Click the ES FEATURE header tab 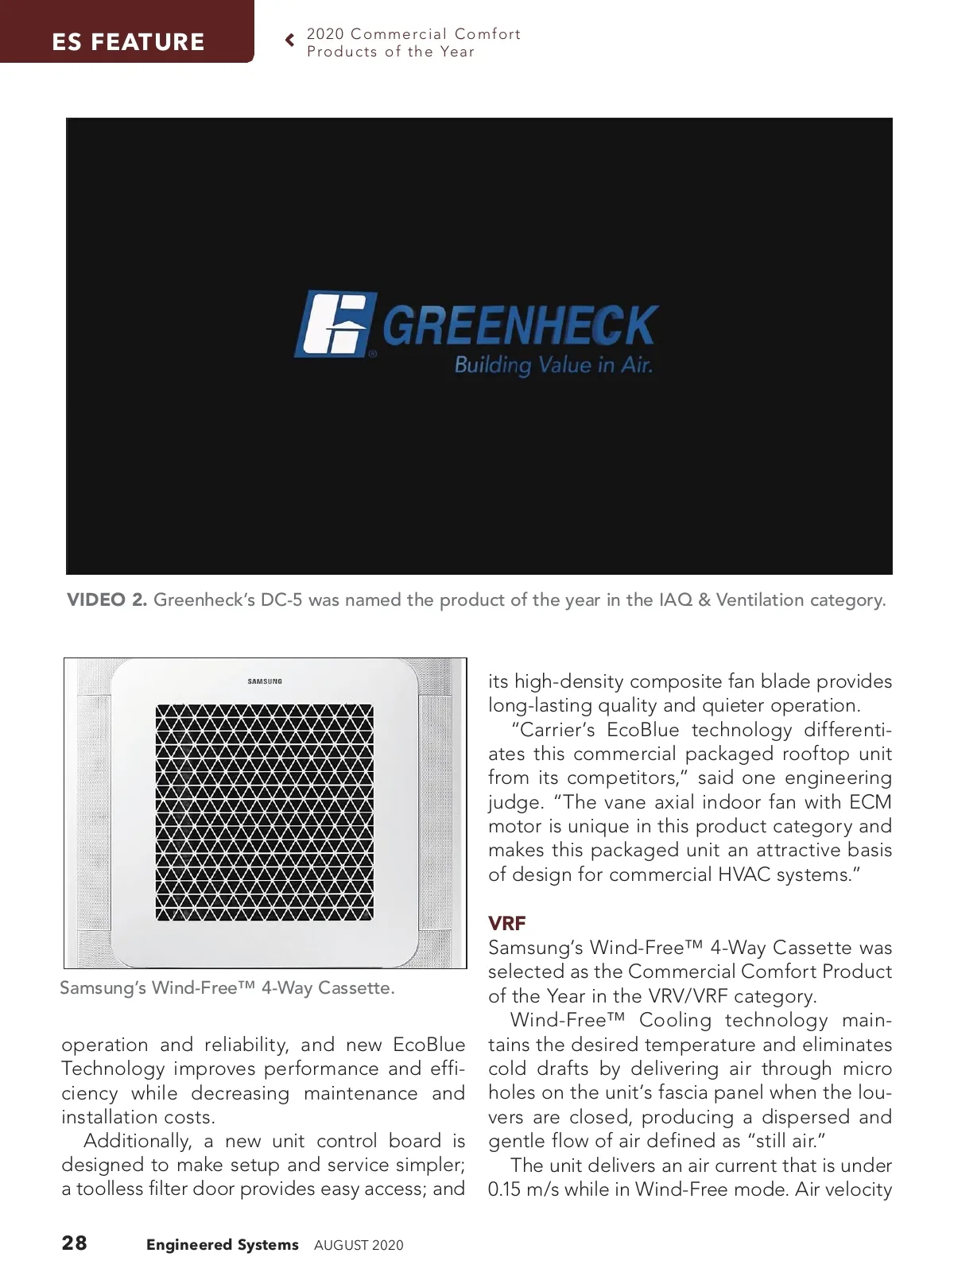coord(127,41)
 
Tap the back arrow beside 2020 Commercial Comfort coord(290,40)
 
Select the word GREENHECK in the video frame coord(521,326)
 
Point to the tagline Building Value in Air coord(553,366)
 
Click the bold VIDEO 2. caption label coord(107,600)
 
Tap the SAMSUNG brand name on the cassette coord(265,682)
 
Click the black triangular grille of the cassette coord(264,812)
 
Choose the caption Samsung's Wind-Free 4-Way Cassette coord(227,988)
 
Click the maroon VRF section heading coord(506,924)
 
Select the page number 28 coord(75,1243)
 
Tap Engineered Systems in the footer coord(222,1245)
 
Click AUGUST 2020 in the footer coord(359,1246)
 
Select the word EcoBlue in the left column coord(429,1045)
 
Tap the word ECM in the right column coord(870,802)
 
